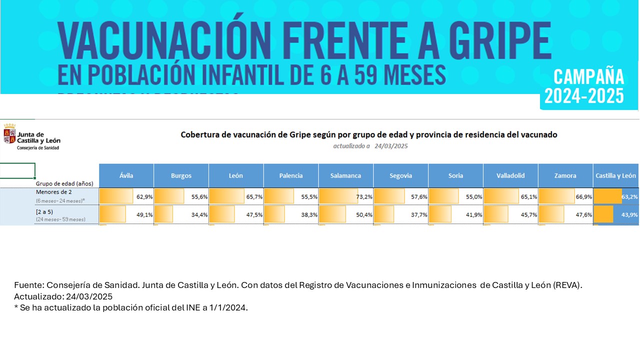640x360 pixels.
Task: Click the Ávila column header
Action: (126, 175)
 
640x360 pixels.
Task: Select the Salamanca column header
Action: (345, 175)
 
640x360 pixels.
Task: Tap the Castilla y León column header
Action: (615, 175)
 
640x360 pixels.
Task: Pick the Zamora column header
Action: (565, 175)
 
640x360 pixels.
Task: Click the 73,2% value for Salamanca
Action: (364, 197)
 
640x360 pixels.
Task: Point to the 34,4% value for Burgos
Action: (199, 214)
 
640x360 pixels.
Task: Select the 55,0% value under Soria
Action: (474, 197)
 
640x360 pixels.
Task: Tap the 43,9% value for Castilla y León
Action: (629, 214)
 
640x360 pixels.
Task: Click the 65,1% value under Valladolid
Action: (529, 197)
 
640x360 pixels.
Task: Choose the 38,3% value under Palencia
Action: (309, 214)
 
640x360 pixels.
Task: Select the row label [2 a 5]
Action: (44, 211)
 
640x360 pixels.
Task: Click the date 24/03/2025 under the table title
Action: (391, 146)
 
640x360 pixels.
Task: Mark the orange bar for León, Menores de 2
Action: (226, 196)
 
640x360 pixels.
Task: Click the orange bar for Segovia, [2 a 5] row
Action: (384, 214)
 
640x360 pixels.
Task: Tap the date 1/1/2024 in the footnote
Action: (229, 307)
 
